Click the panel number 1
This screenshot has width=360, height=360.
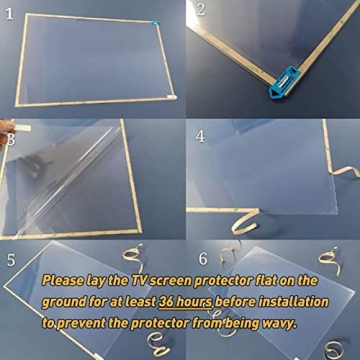[9, 12]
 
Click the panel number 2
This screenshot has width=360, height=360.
[199, 11]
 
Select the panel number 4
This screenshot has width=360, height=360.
[199, 135]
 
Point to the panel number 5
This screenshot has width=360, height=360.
[11, 260]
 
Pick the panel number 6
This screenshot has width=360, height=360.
[203, 259]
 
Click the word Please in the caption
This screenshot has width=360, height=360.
[67, 283]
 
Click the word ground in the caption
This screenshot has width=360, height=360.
[70, 303]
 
